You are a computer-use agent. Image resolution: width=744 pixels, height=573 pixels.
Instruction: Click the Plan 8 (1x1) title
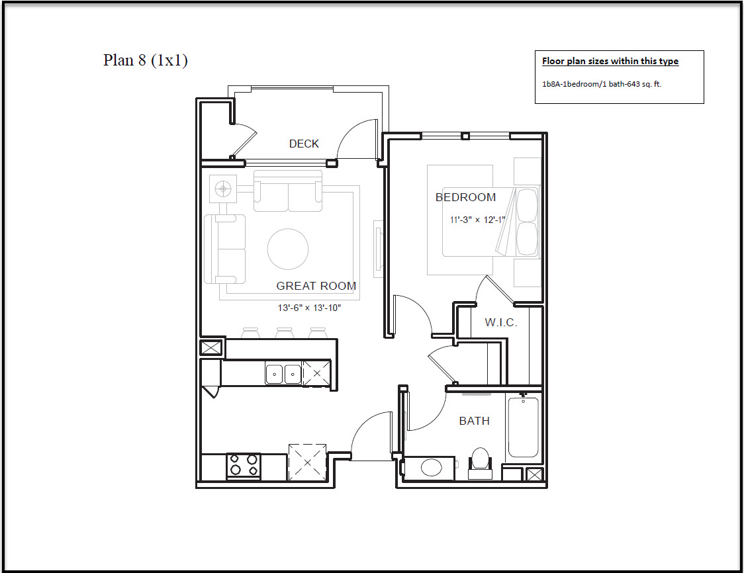click(x=145, y=60)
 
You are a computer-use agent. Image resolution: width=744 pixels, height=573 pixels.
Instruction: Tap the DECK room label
click(x=304, y=144)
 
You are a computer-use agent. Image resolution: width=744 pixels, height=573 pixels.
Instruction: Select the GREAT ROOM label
click(x=316, y=286)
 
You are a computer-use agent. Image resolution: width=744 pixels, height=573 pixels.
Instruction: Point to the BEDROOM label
click(x=465, y=197)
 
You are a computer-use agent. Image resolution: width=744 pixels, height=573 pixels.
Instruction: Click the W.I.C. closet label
click(x=500, y=322)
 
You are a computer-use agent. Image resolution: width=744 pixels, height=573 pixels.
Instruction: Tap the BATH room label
click(x=474, y=421)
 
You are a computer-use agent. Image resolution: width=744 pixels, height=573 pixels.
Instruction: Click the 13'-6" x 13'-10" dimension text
click(x=309, y=308)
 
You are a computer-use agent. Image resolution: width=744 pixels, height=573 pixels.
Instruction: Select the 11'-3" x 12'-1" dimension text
click(x=477, y=220)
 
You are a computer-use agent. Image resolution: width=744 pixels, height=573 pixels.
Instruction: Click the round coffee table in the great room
click(x=288, y=249)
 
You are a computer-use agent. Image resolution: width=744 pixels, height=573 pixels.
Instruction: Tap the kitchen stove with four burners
click(x=244, y=466)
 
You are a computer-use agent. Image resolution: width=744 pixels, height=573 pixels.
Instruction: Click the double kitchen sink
click(x=283, y=375)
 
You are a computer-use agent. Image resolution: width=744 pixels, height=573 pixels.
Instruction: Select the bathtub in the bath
click(x=524, y=427)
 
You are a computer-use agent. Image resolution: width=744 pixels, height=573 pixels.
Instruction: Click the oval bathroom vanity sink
click(x=432, y=467)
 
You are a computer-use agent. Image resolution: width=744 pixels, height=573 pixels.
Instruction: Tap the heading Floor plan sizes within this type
click(x=610, y=61)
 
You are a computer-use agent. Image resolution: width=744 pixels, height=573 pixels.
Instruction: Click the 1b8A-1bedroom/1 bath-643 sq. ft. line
click(x=602, y=84)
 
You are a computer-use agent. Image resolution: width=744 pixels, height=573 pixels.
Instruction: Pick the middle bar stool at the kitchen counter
click(x=284, y=333)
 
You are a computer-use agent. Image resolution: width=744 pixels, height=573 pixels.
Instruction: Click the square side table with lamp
click(x=223, y=189)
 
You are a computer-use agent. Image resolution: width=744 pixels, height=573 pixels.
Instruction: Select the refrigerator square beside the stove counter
click(x=307, y=462)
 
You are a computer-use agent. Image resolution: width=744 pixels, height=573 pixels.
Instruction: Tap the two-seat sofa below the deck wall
click(x=288, y=191)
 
